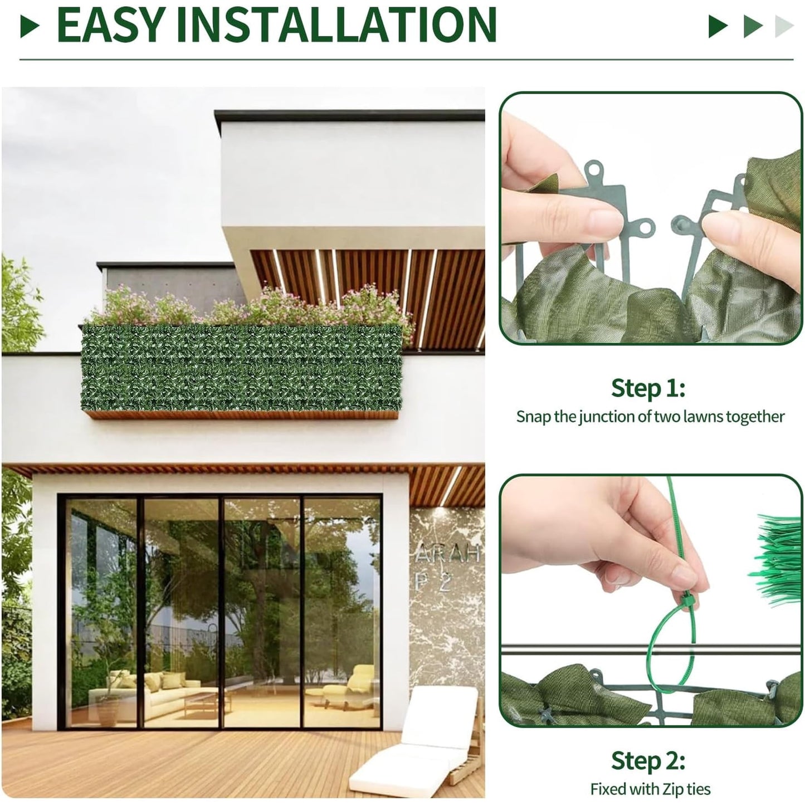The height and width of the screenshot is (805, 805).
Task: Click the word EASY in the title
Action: click(x=110, y=25)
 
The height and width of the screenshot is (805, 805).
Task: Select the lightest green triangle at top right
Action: click(x=784, y=27)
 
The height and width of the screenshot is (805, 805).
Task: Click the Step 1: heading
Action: click(x=648, y=388)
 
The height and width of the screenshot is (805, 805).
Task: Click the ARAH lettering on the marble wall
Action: click(x=447, y=553)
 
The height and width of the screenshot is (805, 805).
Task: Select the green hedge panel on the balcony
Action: click(x=242, y=368)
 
